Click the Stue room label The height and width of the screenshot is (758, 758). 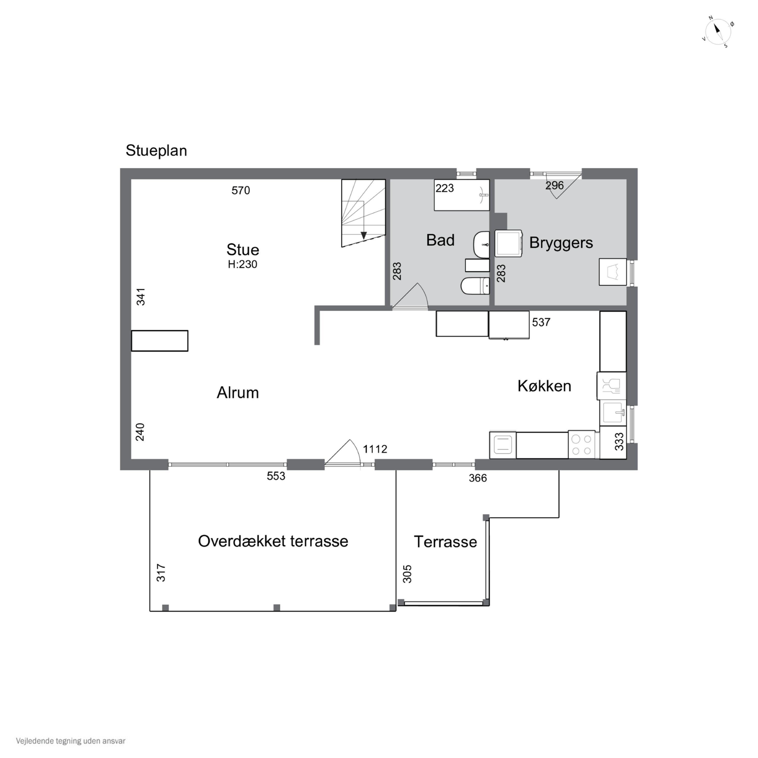pos(243,250)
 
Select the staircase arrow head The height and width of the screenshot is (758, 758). pos(364,235)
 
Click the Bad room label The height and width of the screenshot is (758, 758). pos(440,240)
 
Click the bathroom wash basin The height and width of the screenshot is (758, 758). pos(481,244)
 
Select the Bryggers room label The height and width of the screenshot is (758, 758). pos(561,243)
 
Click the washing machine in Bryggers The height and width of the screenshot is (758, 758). pos(508,243)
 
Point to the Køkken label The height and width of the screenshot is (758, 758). pos(544,386)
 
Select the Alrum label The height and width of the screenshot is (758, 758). pos(238,393)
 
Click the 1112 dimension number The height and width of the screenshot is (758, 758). pos(375,449)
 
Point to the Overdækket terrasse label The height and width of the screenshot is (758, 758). pos(273,541)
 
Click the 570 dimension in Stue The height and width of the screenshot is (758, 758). pos(241,190)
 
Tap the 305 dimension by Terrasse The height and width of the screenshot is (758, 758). pos(408,574)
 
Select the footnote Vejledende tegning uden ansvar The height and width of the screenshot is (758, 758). pos(71,741)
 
